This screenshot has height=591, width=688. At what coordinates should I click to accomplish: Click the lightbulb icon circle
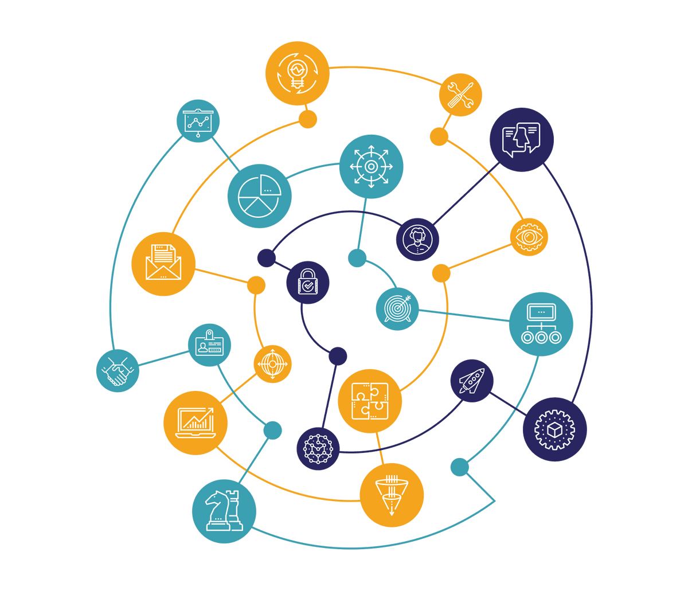(x=297, y=73)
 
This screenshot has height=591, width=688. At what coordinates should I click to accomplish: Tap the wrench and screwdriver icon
(x=460, y=95)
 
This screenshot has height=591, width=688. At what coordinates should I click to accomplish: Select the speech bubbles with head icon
(x=521, y=139)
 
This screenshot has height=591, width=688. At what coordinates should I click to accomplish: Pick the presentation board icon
(x=198, y=121)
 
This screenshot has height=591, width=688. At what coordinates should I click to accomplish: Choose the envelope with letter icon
(x=163, y=264)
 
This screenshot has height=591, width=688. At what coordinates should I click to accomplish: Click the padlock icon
(x=308, y=282)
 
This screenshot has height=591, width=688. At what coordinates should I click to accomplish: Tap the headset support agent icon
(x=417, y=239)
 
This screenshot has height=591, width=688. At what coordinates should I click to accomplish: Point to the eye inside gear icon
(x=529, y=236)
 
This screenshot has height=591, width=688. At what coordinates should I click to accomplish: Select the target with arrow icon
(x=397, y=308)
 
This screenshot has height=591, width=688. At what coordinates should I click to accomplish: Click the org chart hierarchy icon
(x=541, y=324)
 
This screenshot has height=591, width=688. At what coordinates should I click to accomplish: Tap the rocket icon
(x=472, y=381)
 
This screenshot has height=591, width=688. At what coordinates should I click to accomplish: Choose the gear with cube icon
(x=554, y=429)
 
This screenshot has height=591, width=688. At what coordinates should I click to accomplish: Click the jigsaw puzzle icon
(x=370, y=401)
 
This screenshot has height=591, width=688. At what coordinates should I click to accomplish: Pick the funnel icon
(x=392, y=494)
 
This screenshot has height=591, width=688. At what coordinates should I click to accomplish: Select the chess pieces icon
(x=224, y=511)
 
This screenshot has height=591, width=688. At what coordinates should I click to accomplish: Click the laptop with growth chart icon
(x=196, y=422)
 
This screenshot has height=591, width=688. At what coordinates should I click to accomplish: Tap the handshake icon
(x=118, y=371)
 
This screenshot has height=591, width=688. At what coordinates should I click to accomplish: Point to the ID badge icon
(x=209, y=345)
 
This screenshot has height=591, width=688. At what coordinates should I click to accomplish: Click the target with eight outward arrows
(x=371, y=167)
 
